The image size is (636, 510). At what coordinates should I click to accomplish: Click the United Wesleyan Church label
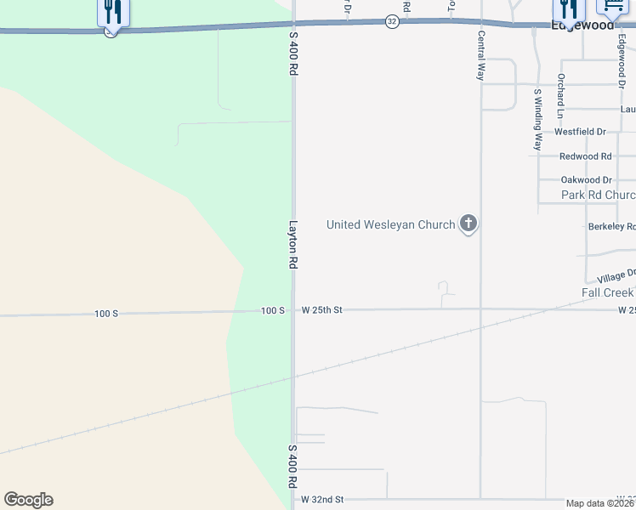point(390,225)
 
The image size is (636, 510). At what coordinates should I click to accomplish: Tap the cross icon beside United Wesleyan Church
point(468,224)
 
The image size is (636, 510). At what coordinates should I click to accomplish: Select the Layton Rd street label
point(292,246)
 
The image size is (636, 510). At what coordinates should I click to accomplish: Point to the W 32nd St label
point(322,500)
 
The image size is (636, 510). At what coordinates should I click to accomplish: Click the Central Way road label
point(481,56)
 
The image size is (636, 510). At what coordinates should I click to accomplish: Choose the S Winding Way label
point(537,119)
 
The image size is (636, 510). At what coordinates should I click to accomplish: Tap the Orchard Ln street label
point(560,95)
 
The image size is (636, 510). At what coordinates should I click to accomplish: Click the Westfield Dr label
point(580,132)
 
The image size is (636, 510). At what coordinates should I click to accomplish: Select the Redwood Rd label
point(586,156)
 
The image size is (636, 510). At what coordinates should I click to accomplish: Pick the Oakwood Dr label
point(587,180)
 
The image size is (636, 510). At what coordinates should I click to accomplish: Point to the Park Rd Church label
point(598,195)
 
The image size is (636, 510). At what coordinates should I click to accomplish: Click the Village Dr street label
point(616,276)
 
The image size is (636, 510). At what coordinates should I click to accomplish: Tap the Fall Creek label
point(607,292)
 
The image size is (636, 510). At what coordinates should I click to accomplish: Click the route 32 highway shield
point(391,21)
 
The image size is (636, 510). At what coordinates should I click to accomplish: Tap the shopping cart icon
point(612,8)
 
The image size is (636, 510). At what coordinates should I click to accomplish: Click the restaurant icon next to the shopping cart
point(569,8)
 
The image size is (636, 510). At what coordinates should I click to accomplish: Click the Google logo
point(28,500)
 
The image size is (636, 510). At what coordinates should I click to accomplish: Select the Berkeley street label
point(611,227)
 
